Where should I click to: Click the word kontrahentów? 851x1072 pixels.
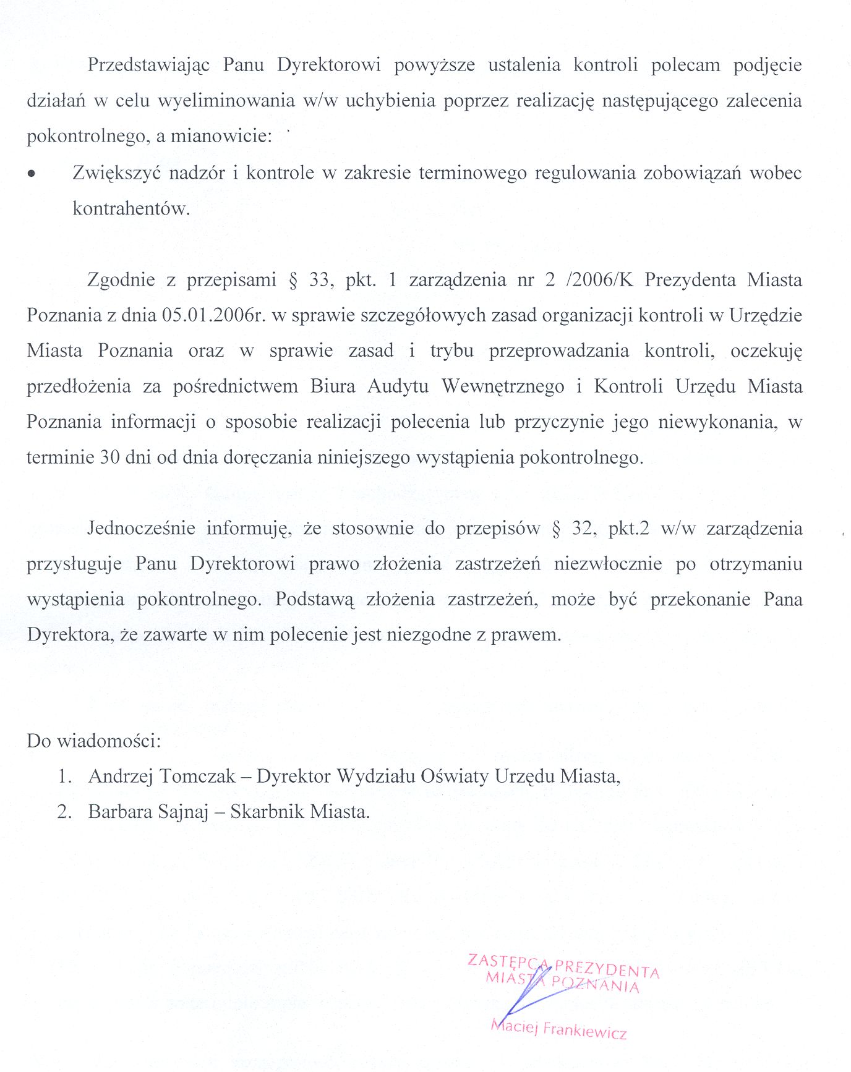(131, 208)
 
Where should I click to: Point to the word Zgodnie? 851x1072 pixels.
(121, 280)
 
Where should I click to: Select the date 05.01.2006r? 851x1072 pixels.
(214, 315)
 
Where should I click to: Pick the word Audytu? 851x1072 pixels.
(398, 386)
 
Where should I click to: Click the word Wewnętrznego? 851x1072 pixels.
(502, 386)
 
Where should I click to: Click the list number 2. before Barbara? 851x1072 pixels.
(64, 812)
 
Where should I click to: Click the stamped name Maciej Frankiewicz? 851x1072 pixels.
(558, 1029)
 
